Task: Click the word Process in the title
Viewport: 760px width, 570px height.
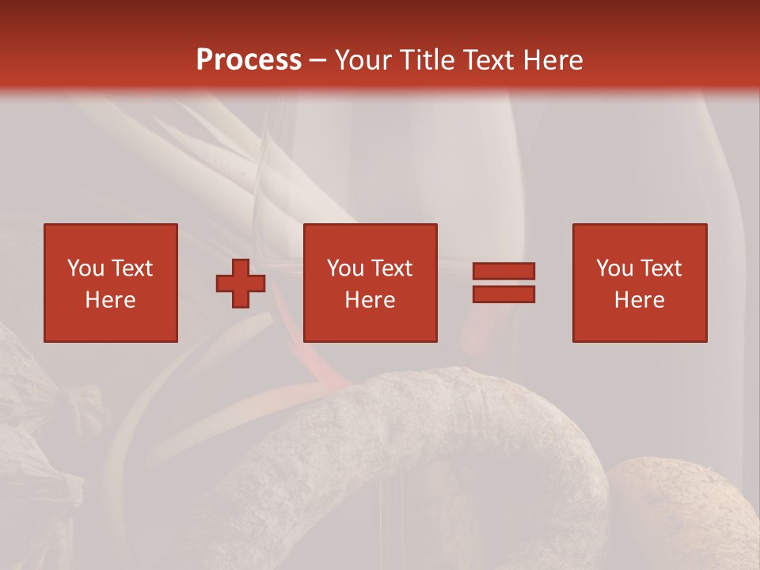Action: (249, 59)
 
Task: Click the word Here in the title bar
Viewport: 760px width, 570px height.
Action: (554, 59)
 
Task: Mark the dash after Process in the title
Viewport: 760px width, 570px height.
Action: (318, 61)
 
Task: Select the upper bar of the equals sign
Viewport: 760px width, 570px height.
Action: (503, 271)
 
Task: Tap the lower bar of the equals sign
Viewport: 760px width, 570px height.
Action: (503, 294)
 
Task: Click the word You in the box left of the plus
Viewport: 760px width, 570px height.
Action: (85, 268)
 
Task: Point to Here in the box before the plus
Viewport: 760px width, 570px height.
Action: (110, 300)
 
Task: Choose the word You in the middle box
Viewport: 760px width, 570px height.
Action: (345, 268)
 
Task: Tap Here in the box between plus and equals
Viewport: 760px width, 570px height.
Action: (370, 300)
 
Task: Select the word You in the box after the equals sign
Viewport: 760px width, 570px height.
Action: (614, 268)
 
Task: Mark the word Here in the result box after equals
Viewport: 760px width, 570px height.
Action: (639, 300)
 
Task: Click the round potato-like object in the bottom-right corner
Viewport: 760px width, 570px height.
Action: (681, 515)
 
